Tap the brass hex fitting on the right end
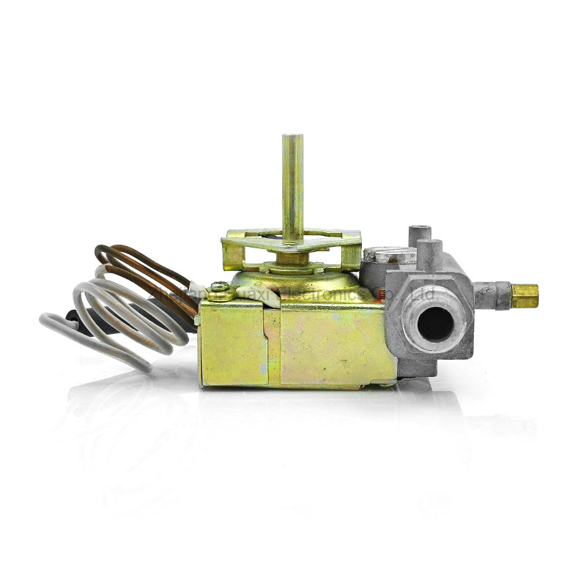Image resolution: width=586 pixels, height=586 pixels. tap(524, 295)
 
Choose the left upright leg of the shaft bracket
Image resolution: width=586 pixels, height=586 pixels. tap(233, 253)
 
